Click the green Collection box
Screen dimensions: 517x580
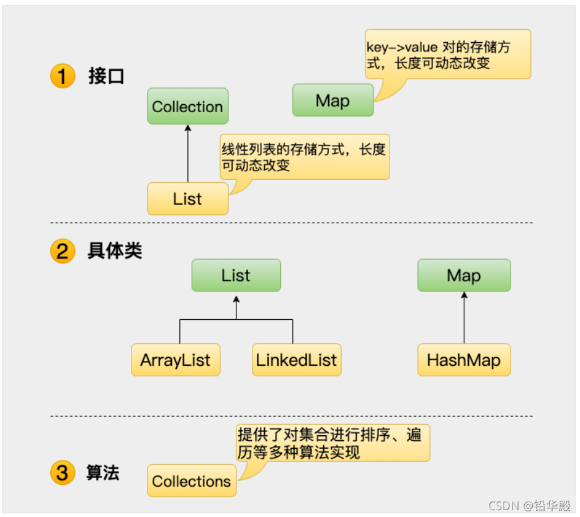point(187,106)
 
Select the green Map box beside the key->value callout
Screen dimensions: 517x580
point(333,100)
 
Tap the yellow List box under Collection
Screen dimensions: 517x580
point(187,199)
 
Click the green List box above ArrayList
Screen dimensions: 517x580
point(236,275)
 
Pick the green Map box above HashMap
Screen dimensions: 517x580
point(464,275)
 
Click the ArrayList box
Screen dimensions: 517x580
point(176,360)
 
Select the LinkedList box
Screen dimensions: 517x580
point(297,360)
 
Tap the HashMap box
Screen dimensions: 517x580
point(464,360)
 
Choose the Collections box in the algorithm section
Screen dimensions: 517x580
point(192,481)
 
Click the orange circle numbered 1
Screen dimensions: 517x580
point(62,77)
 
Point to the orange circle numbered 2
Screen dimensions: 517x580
point(62,251)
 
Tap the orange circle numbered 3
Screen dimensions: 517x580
point(62,473)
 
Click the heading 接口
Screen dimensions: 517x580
point(107,77)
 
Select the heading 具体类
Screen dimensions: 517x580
point(115,251)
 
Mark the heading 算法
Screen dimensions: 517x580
point(103,473)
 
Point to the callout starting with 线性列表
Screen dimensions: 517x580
point(304,157)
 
